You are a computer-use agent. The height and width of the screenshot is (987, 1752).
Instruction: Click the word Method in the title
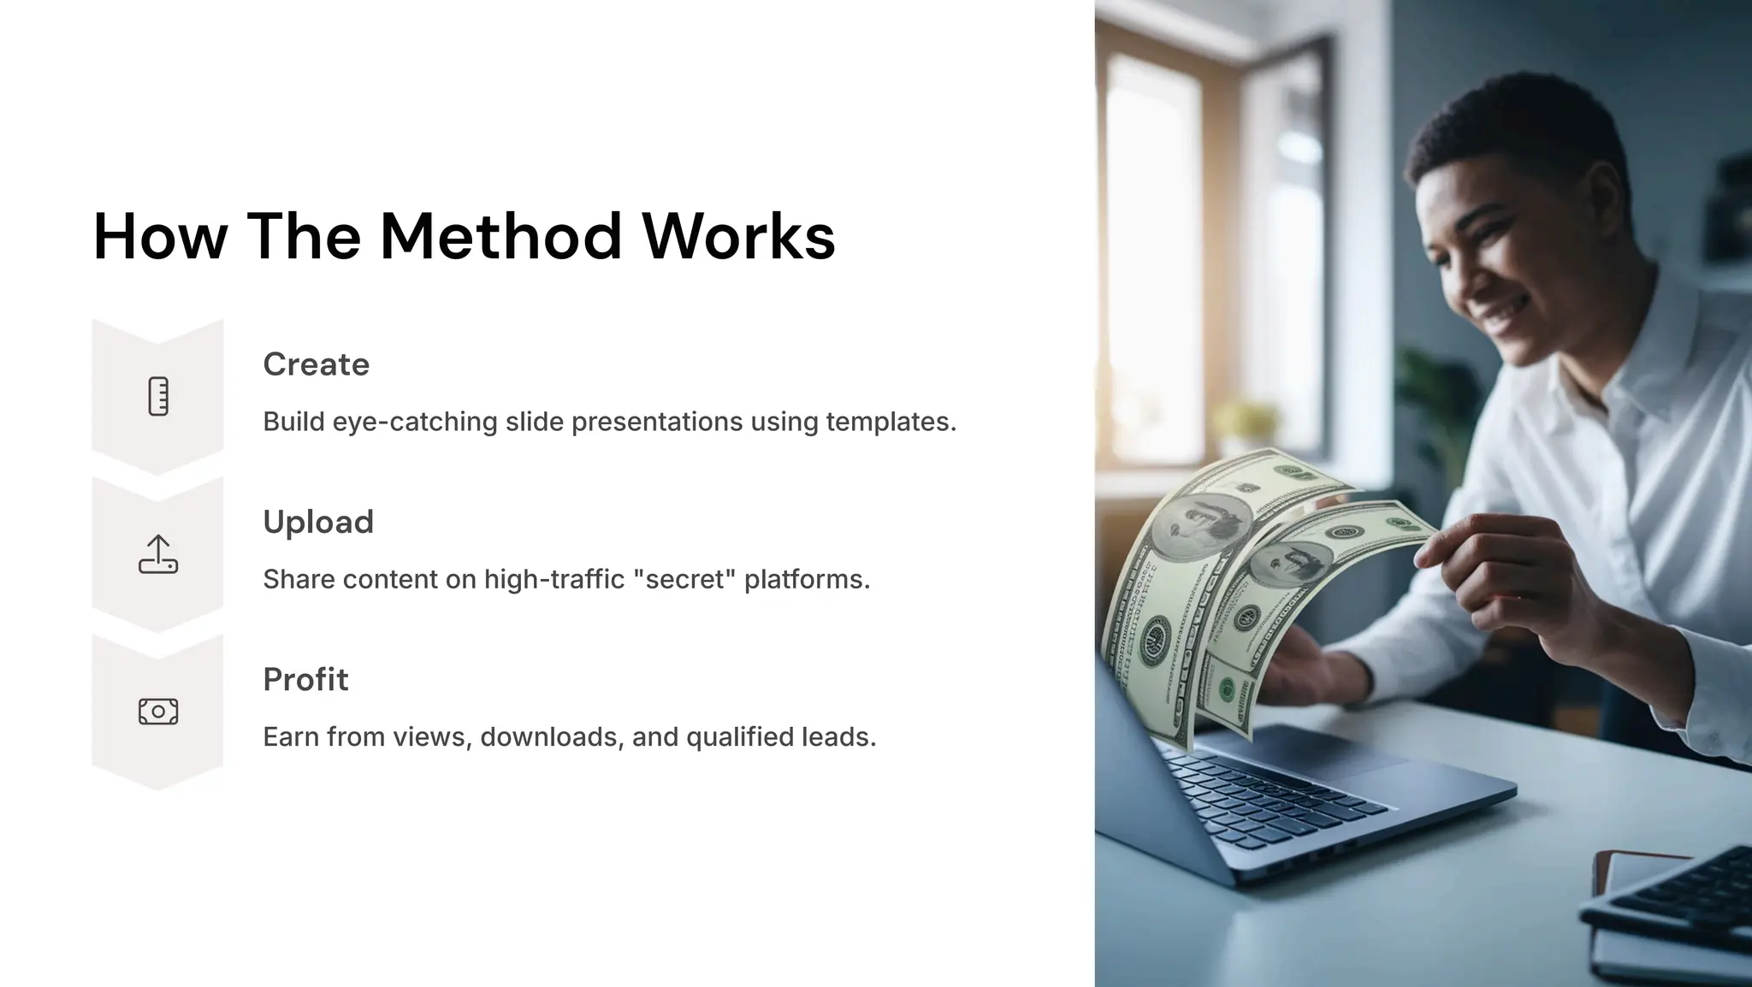tap(500, 236)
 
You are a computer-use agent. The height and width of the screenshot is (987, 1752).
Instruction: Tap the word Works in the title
tap(738, 236)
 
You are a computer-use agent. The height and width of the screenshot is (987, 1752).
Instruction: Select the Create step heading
tap(316, 364)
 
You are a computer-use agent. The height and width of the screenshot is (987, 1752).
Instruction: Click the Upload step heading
tap(318, 522)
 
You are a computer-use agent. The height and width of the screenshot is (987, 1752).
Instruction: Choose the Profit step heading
tap(305, 679)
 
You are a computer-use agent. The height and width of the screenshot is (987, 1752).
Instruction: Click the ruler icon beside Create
tap(158, 397)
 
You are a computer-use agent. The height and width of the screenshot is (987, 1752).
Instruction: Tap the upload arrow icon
tap(158, 554)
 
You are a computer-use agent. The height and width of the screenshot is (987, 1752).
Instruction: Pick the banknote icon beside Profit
tap(158, 712)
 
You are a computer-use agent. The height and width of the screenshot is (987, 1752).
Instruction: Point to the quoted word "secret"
tap(684, 579)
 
